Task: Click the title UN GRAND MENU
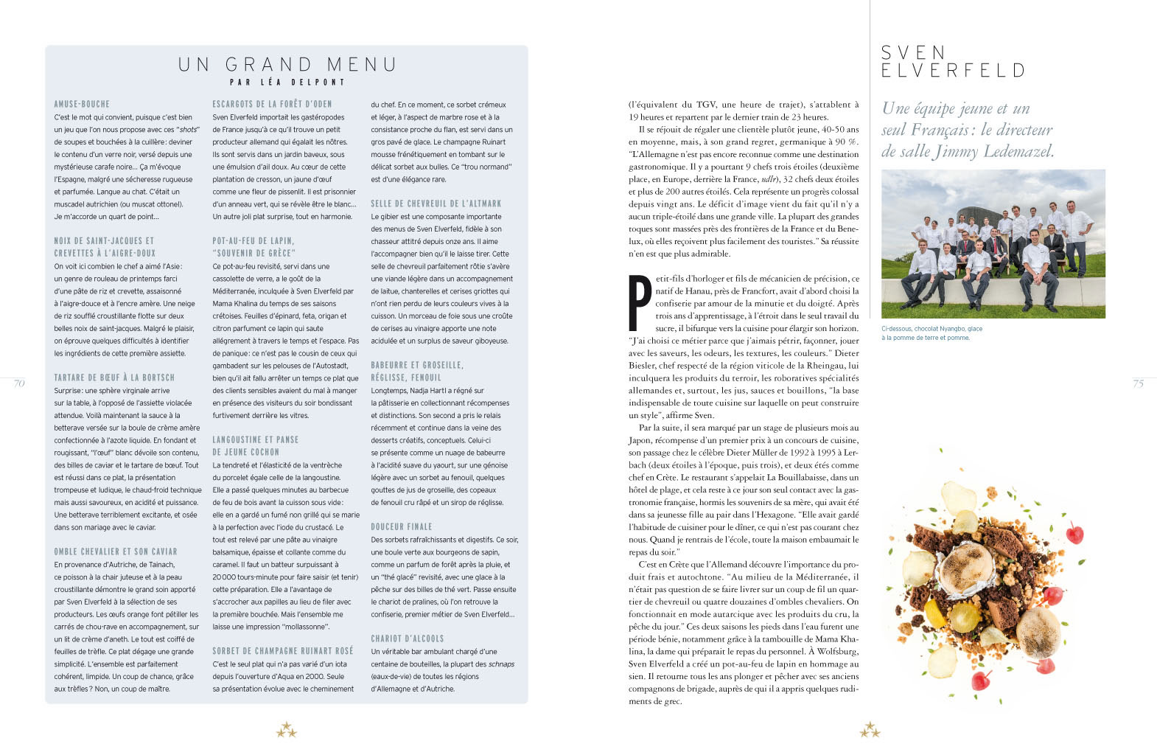coord(287,65)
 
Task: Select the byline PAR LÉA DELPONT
coord(287,83)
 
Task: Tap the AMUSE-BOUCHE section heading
coord(82,105)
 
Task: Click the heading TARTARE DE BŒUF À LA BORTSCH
coord(114,377)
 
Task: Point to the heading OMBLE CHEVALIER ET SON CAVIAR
coord(116,552)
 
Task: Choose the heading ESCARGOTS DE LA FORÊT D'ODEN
coord(272,105)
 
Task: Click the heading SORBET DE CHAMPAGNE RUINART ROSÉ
coord(283,651)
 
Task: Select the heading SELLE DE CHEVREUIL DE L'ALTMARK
coord(436,203)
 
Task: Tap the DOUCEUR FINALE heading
coord(402,527)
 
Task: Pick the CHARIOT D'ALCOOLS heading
coord(408,639)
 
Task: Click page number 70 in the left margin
coord(19,383)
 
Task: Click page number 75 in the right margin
coord(1138,383)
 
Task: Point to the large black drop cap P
coord(640,302)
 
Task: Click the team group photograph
coord(993,243)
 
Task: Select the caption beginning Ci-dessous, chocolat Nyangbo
coord(931,333)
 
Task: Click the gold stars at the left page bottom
coord(286,731)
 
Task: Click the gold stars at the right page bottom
coord(870,731)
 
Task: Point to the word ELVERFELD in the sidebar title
coord(953,71)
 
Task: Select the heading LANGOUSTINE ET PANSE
coord(256,440)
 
